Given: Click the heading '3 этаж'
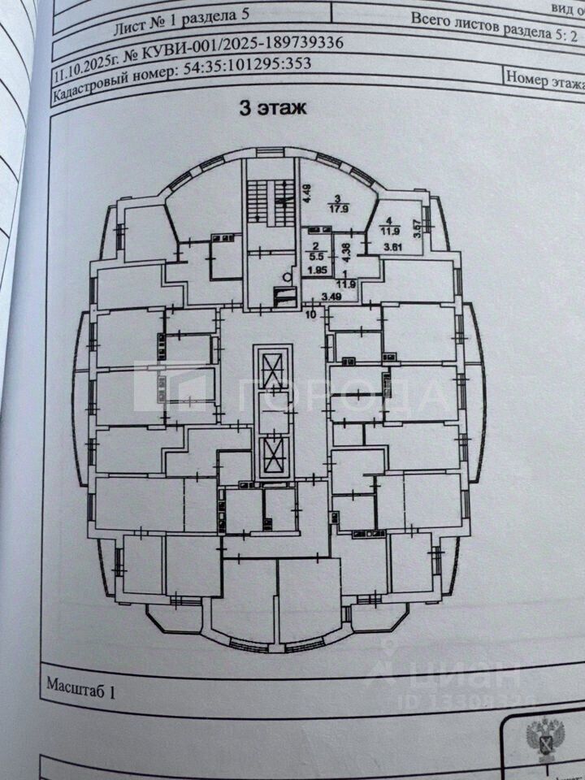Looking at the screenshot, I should point(271,107).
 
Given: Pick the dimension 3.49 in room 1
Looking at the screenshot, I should point(331,298).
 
